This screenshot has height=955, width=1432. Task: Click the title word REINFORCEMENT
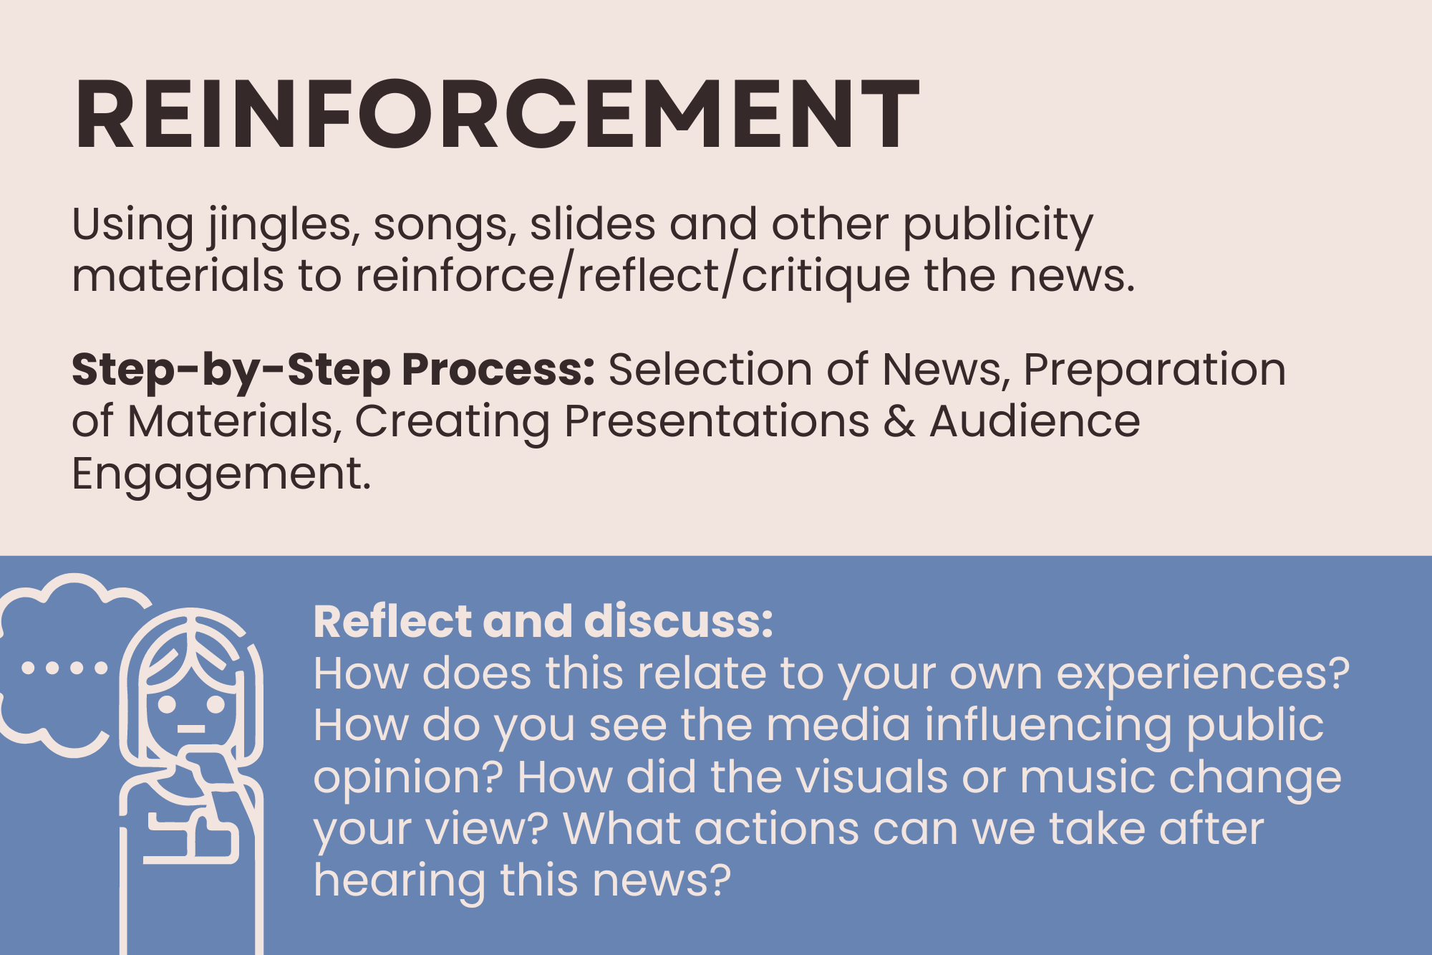[496, 115]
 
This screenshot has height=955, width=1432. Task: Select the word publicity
[998, 226]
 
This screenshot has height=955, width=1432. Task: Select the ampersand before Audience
[899, 421]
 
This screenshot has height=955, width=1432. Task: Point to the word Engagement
[221, 475]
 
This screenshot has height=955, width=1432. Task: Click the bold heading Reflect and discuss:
[543, 621]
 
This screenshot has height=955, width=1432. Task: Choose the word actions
[776, 830]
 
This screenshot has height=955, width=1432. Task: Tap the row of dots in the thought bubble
[64, 668]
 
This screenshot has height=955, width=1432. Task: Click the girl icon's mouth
[191, 729]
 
